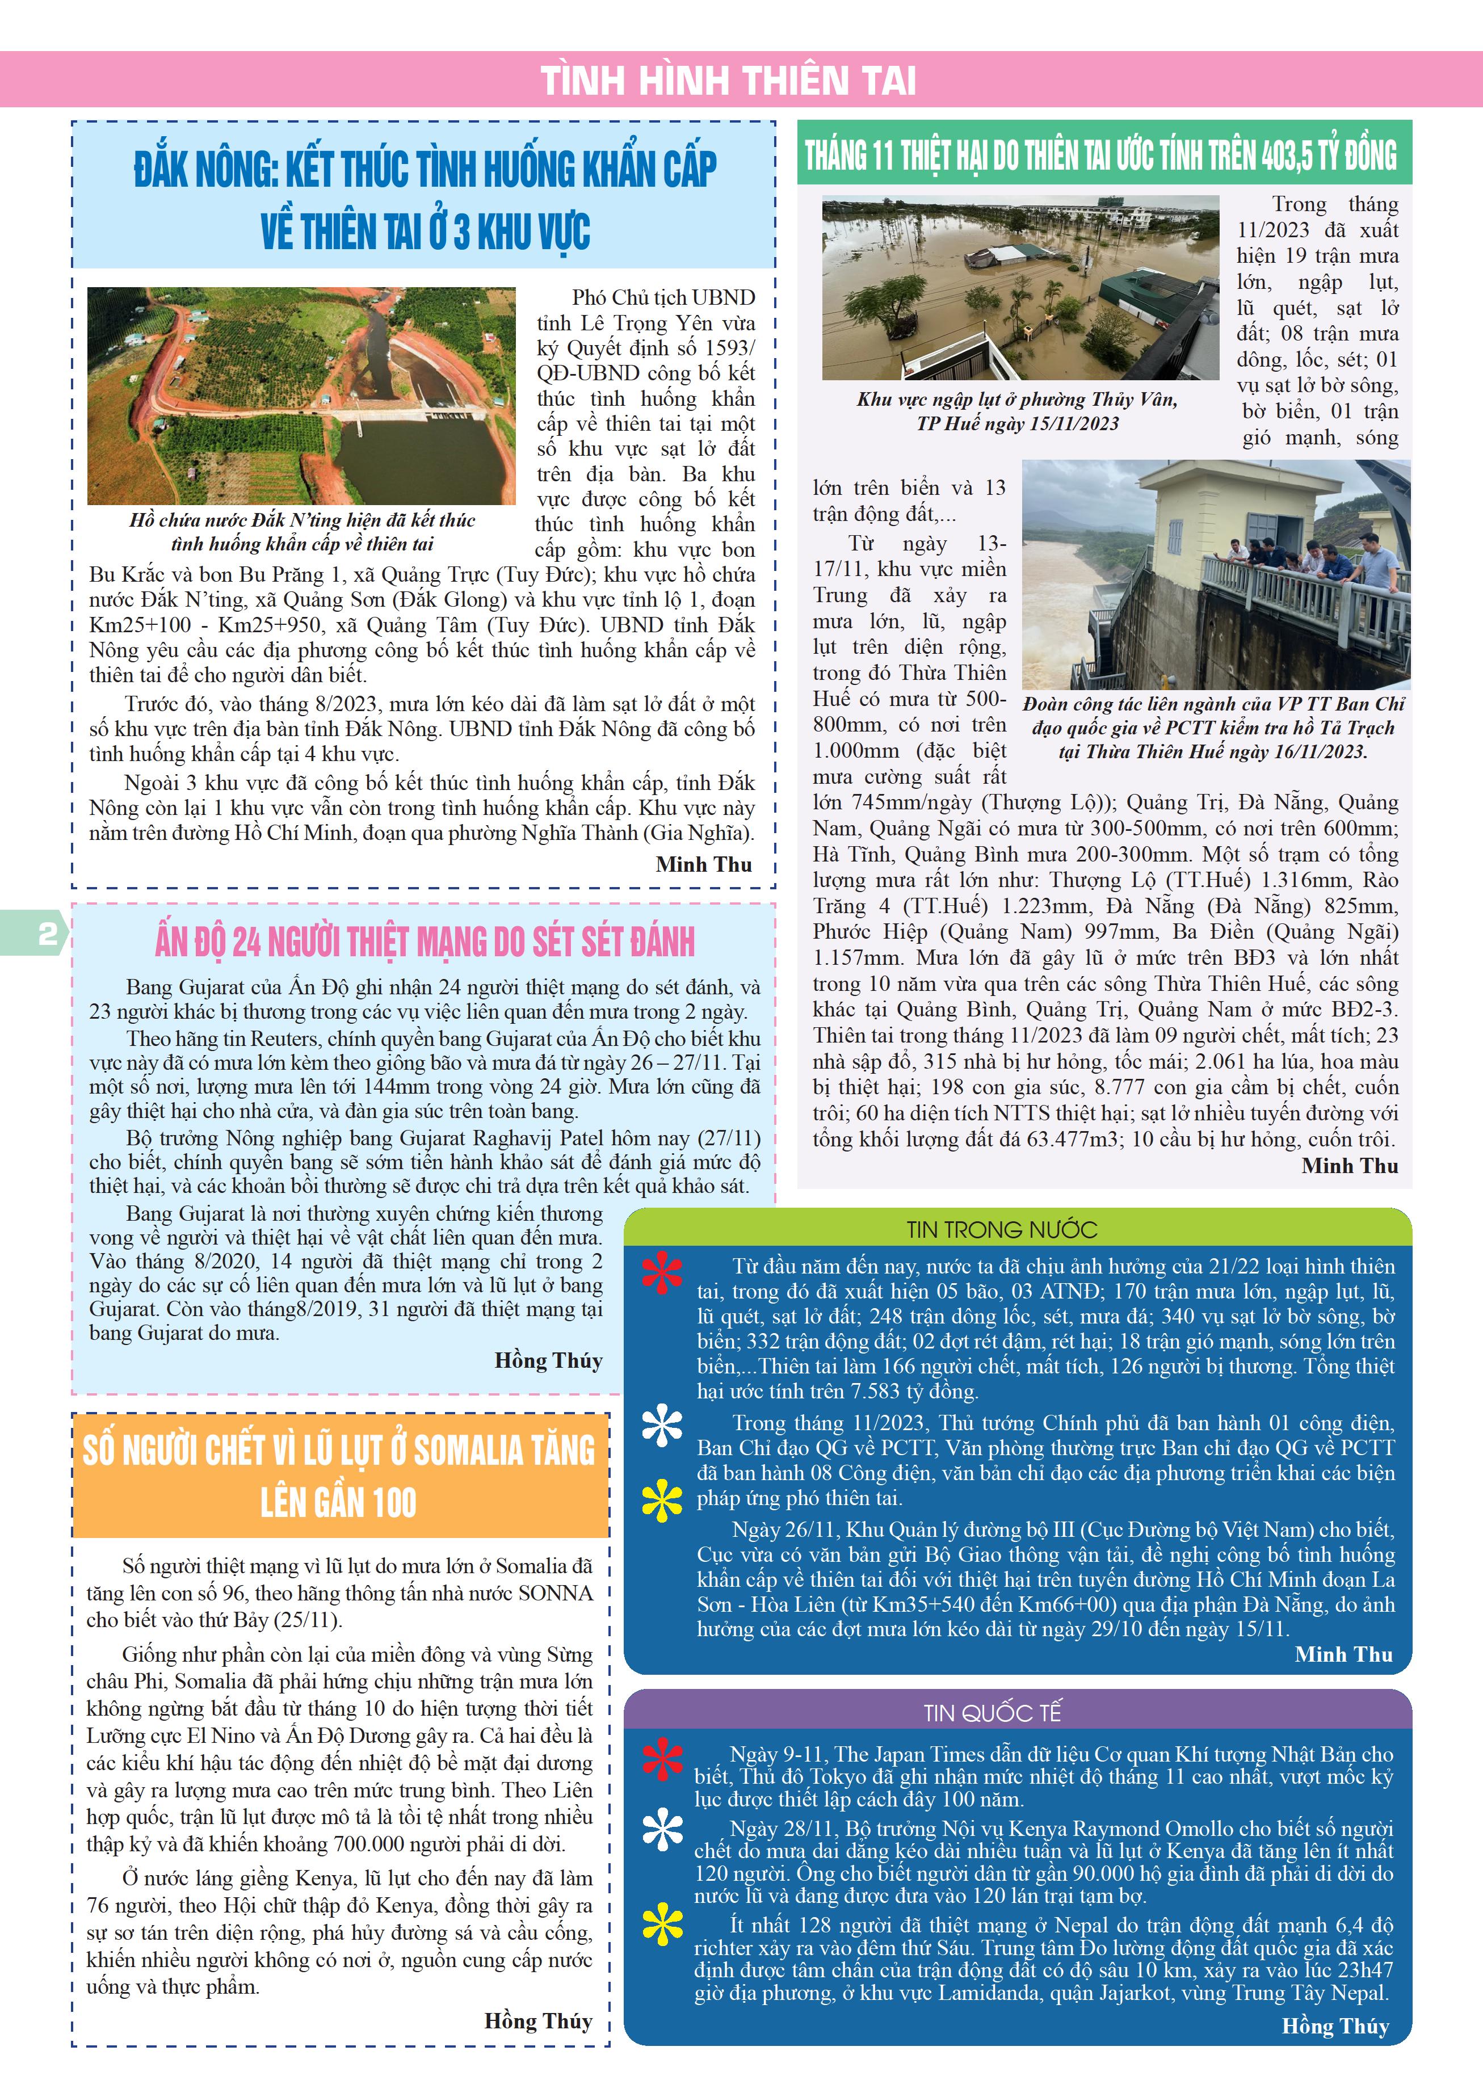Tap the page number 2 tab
[45, 932]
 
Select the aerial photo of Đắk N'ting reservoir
[301, 396]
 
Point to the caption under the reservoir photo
[303, 532]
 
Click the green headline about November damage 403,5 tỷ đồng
[1100, 153]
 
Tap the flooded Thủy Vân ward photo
[1020, 288]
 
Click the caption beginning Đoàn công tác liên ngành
[1213, 728]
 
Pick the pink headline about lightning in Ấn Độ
[425, 942]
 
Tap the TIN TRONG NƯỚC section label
[1002, 1229]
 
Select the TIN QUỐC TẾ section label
[993, 1712]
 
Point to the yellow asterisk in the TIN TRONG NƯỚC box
[662, 1501]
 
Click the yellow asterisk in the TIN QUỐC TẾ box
[662, 1925]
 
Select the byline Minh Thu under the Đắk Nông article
[703, 864]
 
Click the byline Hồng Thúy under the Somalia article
[538, 2020]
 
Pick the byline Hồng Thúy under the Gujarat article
[548, 1361]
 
